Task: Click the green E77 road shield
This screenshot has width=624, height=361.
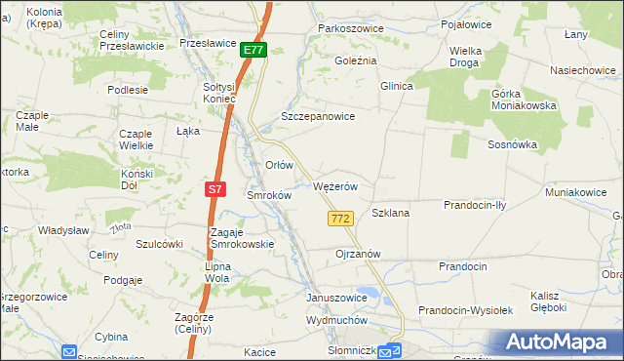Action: point(253,50)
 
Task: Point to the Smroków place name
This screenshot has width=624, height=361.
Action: point(269,195)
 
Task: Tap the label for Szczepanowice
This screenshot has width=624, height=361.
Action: point(317,115)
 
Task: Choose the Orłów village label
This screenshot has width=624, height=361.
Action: point(280,165)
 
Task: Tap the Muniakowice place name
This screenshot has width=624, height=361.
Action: point(575,192)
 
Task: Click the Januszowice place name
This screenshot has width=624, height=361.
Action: point(336,298)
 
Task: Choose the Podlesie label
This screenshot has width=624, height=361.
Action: point(128,89)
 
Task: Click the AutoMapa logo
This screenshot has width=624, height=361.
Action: point(558,341)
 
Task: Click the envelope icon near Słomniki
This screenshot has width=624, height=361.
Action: point(388,352)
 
